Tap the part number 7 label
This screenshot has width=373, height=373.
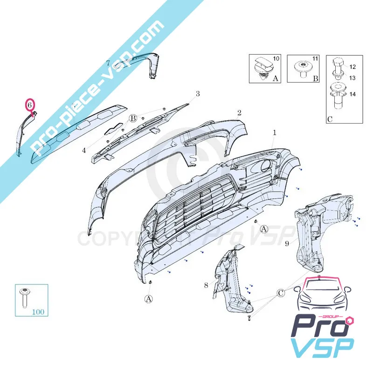pos(108,62)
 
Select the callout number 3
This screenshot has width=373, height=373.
pos(198,94)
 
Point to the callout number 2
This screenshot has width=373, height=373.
pos(239,112)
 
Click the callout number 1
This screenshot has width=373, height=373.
pos(275,132)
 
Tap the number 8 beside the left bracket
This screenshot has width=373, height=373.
pos(206,284)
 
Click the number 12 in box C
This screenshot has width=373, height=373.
pos(352,67)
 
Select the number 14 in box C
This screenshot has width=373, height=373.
pos(352,94)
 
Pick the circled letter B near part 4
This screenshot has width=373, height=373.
pos(133,118)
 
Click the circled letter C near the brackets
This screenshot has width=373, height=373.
pos(281,293)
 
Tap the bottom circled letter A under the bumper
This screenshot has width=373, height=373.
pos(148,299)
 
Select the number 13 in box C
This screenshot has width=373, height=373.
pos(352,77)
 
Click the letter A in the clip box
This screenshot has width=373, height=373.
pos(275,79)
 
